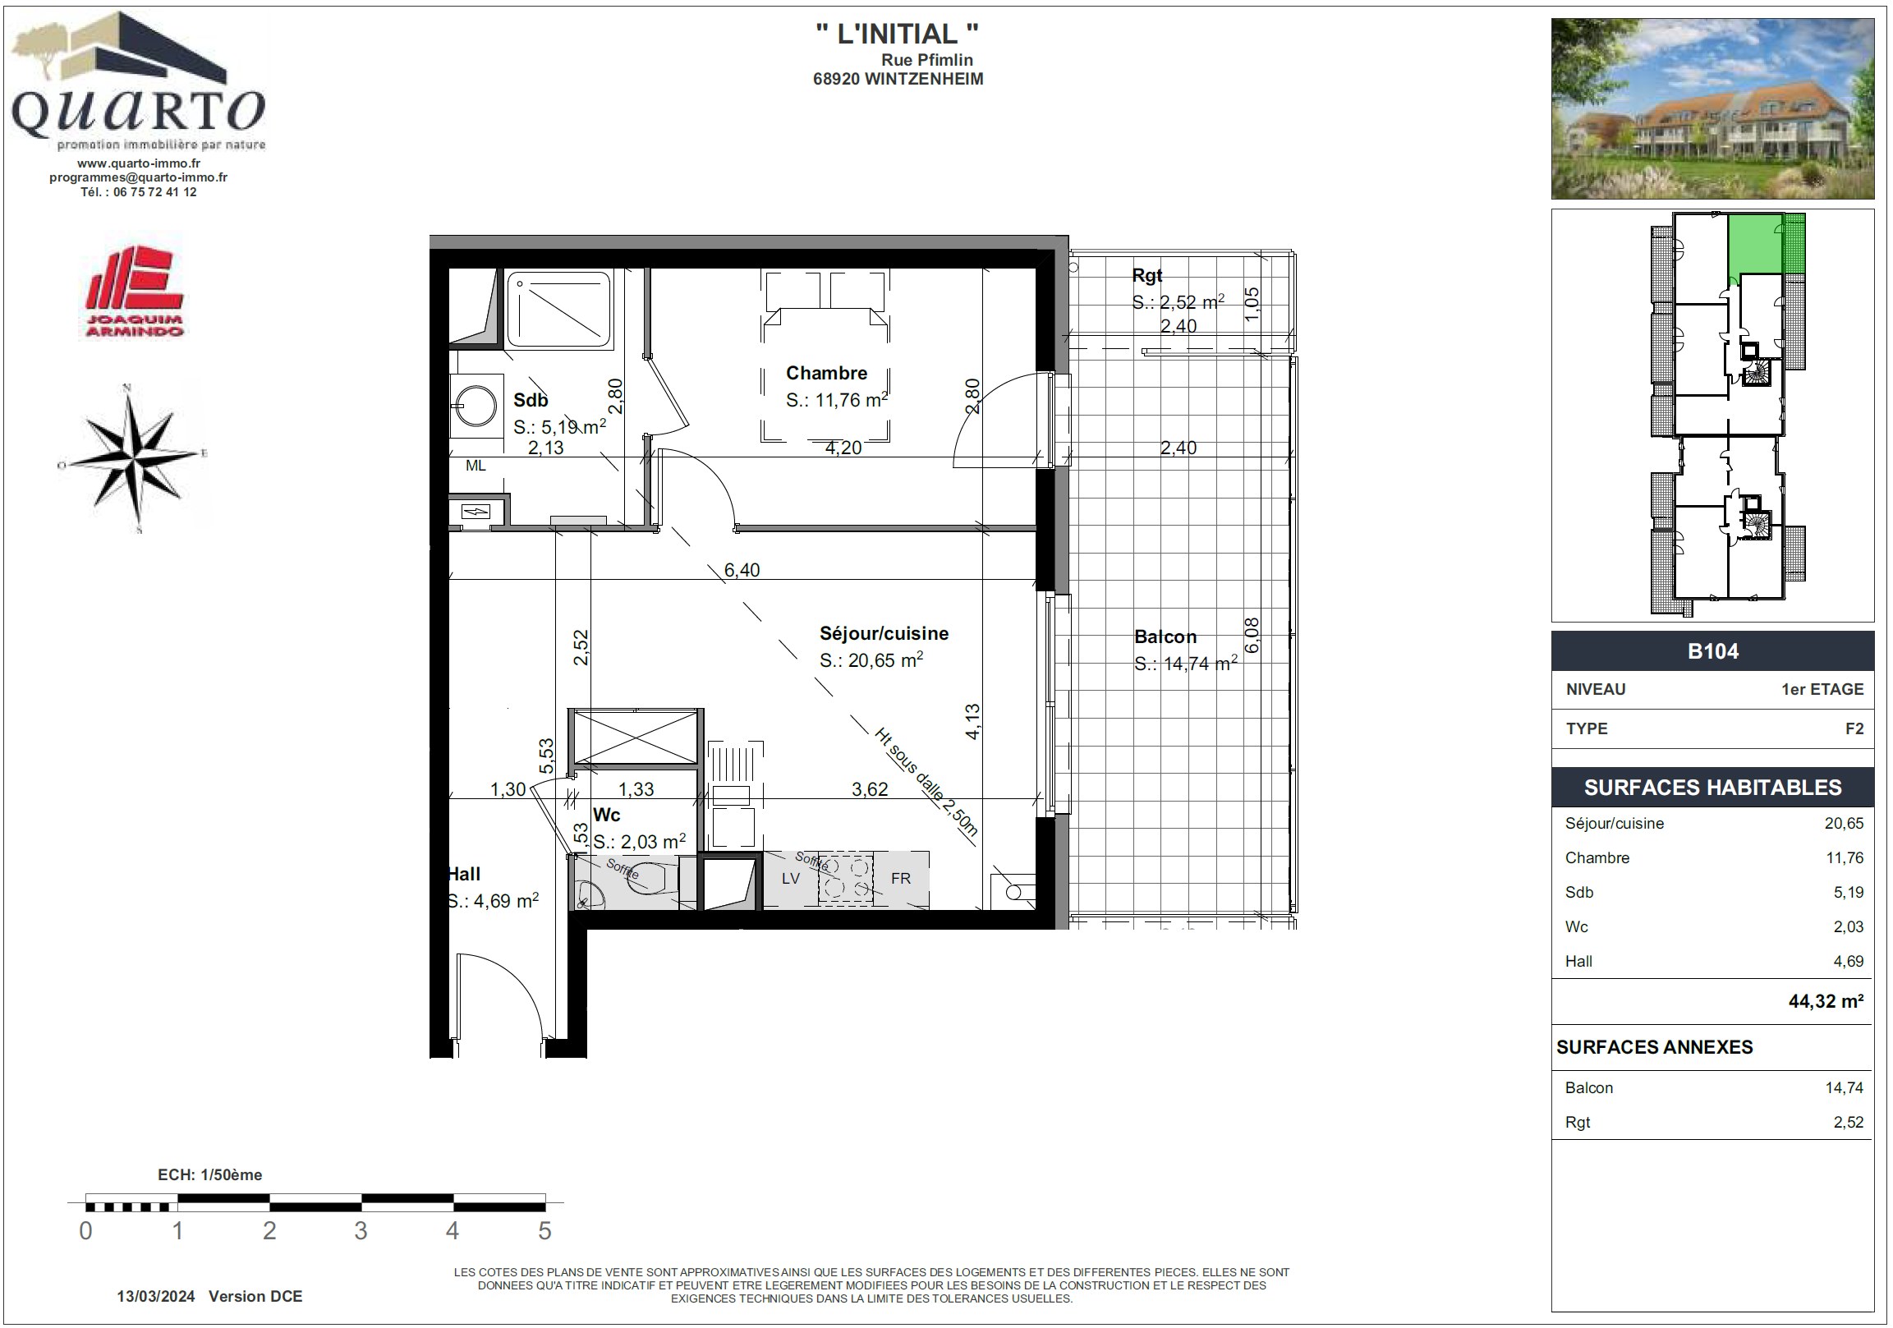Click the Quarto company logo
pos(139,80)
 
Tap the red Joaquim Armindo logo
pos(136,291)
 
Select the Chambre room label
pos(826,373)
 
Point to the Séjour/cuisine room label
pos(884,633)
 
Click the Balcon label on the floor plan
pos(1165,636)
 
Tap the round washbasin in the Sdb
pos(476,406)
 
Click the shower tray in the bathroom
pos(559,309)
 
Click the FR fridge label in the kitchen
pos(900,879)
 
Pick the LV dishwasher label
pos(791,879)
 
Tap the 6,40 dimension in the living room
pos(742,570)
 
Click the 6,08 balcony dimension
pos(1252,636)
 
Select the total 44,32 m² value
pos(1826,1001)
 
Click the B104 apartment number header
pos(1712,651)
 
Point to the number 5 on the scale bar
pos(544,1231)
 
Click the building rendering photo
pos(1712,108)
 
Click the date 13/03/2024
pos(156,1297)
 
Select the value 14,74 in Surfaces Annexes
pos(1844,1087)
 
